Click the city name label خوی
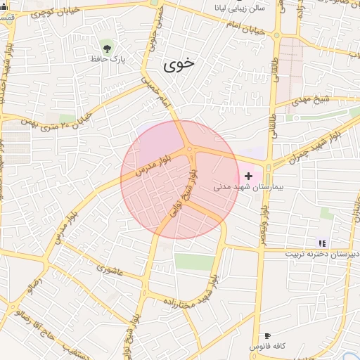pos(179,65)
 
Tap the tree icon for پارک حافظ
pos(107,48)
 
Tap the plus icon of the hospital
pos(247,175)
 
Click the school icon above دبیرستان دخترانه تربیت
pos(323,243)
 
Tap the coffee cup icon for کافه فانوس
pos(267,336)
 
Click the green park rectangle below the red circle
pos(193,262)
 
